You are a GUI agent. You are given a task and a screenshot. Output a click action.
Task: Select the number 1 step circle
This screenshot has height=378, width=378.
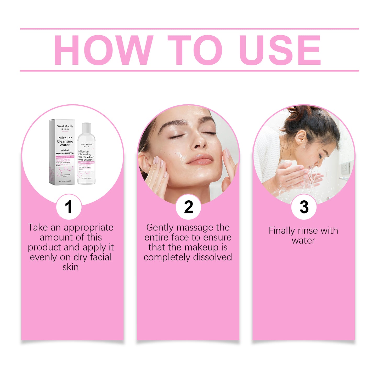[x=69, y=207]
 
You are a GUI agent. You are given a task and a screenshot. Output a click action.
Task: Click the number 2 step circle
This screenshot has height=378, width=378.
[x=188, y=207]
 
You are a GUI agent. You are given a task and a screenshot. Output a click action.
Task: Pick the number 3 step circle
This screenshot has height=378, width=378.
[x=304, y=207]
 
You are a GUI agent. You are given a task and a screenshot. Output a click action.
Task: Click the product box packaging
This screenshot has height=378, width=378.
[x=62, y=152]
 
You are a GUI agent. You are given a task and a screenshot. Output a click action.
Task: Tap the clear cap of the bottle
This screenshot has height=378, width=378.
[x=86, y=128]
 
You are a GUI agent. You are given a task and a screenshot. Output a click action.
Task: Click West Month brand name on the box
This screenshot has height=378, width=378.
[x=65, y=126]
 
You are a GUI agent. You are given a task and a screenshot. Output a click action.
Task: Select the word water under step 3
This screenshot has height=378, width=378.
[x=303, y=241]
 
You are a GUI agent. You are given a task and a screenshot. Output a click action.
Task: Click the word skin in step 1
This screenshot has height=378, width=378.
[x=70, y=267]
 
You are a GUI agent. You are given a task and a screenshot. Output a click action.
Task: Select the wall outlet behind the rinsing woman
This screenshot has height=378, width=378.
[x=346, y=169]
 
